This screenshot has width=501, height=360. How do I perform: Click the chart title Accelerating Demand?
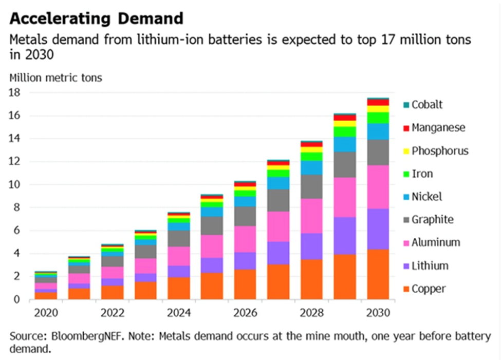pyautogui.click(x=96, y=19)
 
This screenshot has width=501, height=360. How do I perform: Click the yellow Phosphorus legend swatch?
pyautogui.click(x=406, y=151)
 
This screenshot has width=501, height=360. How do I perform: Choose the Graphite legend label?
pyautogui.click(x=432, y=220)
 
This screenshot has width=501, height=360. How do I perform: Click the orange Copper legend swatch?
pyautogui.click(x=406, y=289)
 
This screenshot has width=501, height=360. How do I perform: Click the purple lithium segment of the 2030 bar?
pyautogui.click(x=378, y=229)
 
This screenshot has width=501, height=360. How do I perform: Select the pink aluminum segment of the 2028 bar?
pyautogui.click(x=312, y=216)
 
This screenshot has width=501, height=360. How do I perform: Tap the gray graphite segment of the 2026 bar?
pyautogui.click(x=246, y=216)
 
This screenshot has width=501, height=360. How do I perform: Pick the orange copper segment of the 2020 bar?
pyautogui.click(x=46, y=295)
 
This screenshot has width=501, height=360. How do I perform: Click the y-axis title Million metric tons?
pyautogui.click(x=55, y=78)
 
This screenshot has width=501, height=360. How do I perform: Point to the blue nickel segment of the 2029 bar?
pyautogui.click(x=345, y=144)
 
